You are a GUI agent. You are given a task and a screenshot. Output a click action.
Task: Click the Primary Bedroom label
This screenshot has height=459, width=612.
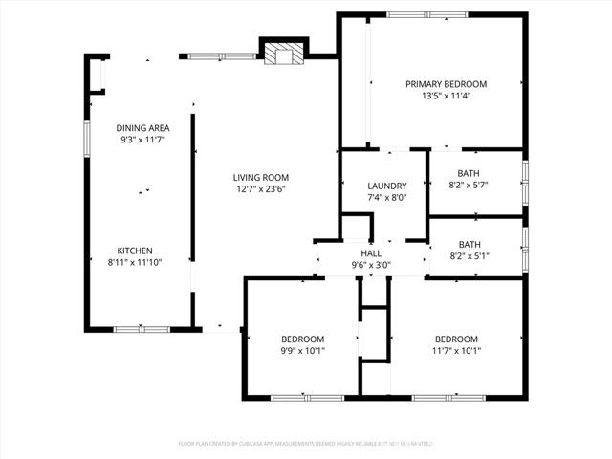[446, 83]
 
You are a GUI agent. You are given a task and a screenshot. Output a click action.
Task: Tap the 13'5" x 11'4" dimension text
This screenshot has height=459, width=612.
[446, 96]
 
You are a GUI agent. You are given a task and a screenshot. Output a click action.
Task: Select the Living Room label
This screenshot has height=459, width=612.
[261, 177]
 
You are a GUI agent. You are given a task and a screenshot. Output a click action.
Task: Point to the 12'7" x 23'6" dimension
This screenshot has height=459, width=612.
[261, 189]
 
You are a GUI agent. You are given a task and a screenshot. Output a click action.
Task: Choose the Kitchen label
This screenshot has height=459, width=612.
[134, 250]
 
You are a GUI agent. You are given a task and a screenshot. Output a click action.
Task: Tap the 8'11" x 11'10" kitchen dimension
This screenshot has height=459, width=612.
[134, 262]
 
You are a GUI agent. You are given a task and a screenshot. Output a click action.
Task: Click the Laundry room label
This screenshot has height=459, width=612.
[387, 186]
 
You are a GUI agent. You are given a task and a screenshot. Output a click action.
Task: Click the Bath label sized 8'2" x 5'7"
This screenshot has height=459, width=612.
[470, 173]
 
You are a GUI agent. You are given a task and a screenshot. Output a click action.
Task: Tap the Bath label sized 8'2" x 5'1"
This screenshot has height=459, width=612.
[470, 244]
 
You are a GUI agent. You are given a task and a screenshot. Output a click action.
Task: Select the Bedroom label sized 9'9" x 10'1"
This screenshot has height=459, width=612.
[302, 339]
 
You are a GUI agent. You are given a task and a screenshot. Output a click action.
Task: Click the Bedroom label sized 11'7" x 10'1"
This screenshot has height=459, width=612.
[457, 339]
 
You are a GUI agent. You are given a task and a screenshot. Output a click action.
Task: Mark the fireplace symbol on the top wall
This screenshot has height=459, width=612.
[282, 54]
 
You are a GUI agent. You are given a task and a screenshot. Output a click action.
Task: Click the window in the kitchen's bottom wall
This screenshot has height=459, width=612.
[142, 329]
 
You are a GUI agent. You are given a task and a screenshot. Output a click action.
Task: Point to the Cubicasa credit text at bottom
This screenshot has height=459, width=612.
[306, 444]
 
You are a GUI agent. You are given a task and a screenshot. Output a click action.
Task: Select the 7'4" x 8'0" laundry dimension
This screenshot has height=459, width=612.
[387, 198]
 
